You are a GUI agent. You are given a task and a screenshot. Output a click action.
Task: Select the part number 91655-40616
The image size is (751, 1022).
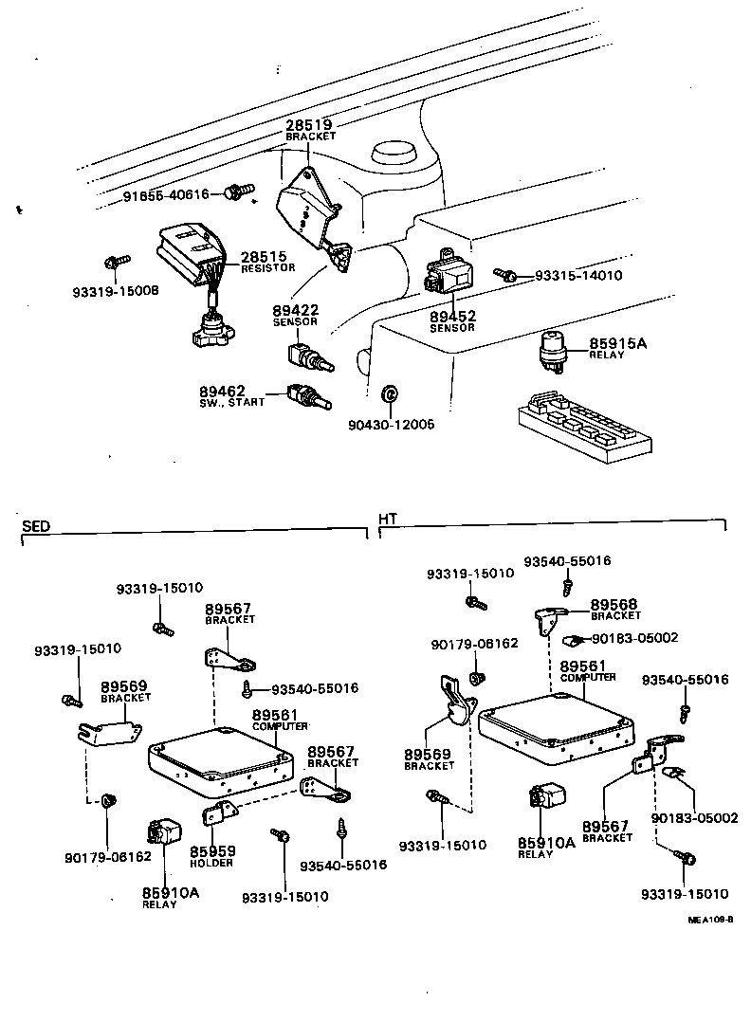(166, 195)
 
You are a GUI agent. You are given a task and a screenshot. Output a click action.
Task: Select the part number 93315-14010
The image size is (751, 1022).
(577, 276)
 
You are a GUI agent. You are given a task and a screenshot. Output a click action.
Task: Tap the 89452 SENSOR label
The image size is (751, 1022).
(452, 320)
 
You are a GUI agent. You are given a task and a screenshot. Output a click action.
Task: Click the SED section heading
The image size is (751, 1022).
(35, 525)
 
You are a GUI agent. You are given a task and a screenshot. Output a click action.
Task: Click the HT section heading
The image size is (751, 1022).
(388, 520)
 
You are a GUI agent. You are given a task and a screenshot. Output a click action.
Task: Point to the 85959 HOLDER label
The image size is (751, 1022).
(212, 855)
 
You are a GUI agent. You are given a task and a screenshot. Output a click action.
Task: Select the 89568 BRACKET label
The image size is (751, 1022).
(615, 609)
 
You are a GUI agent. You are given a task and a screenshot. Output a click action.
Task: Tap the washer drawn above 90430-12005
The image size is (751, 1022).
(388, 393)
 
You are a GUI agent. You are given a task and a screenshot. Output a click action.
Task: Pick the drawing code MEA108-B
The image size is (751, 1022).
(711, 919)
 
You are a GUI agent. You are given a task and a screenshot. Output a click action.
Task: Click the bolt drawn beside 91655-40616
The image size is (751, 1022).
(235, 194)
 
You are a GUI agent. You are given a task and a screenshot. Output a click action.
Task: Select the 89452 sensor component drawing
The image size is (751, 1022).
(450, 271)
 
